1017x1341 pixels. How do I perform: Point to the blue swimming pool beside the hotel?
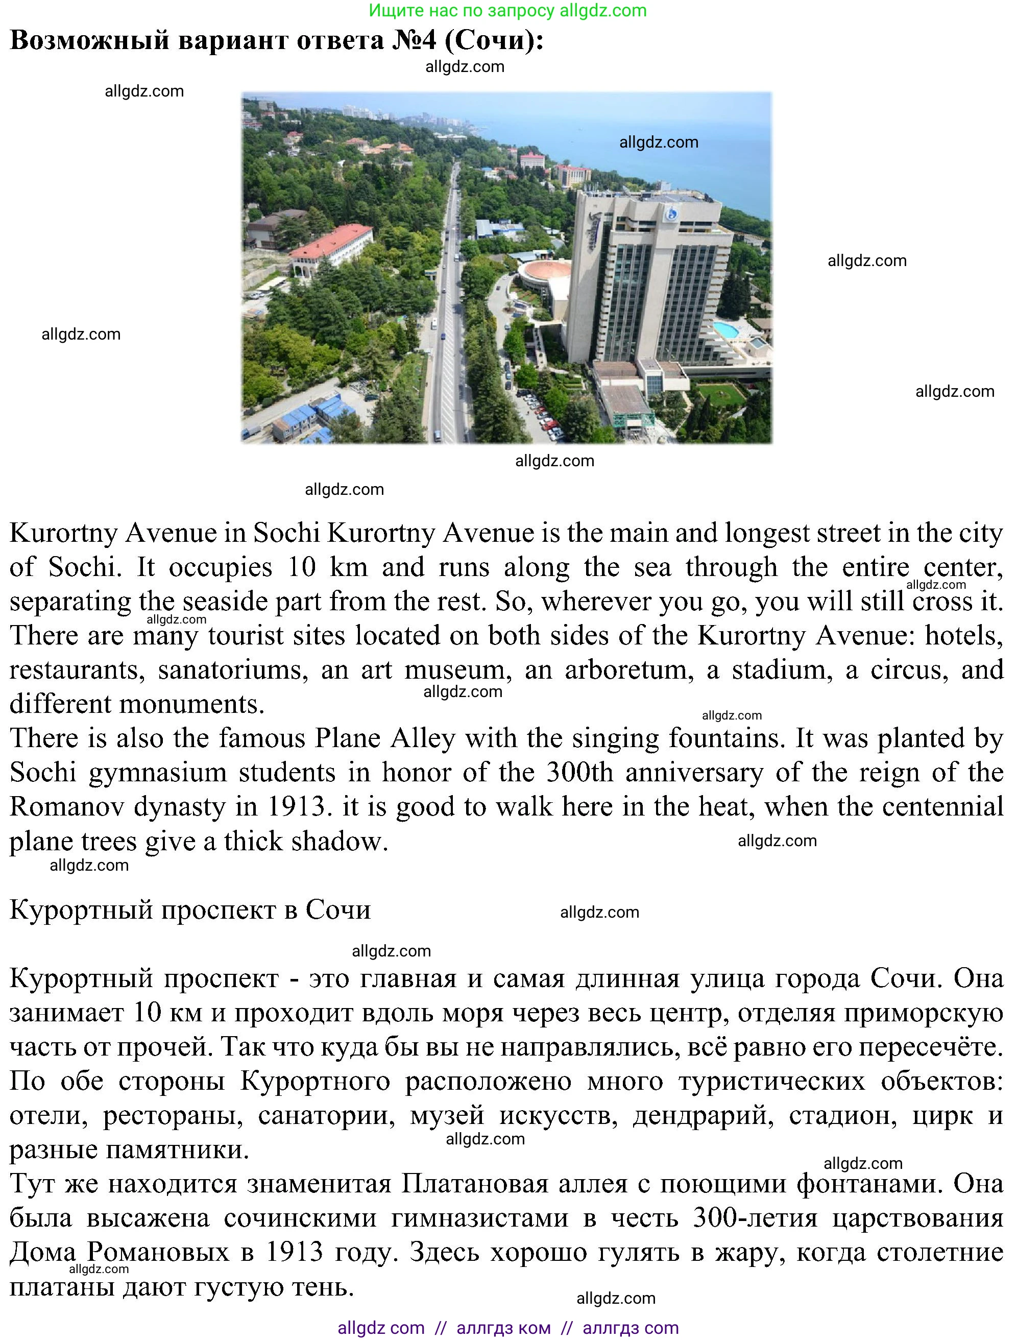click(x=726, y=330)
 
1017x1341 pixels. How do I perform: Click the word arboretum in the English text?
click(x=628, y=670)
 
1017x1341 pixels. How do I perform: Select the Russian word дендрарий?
click(x=703, y=1115)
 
